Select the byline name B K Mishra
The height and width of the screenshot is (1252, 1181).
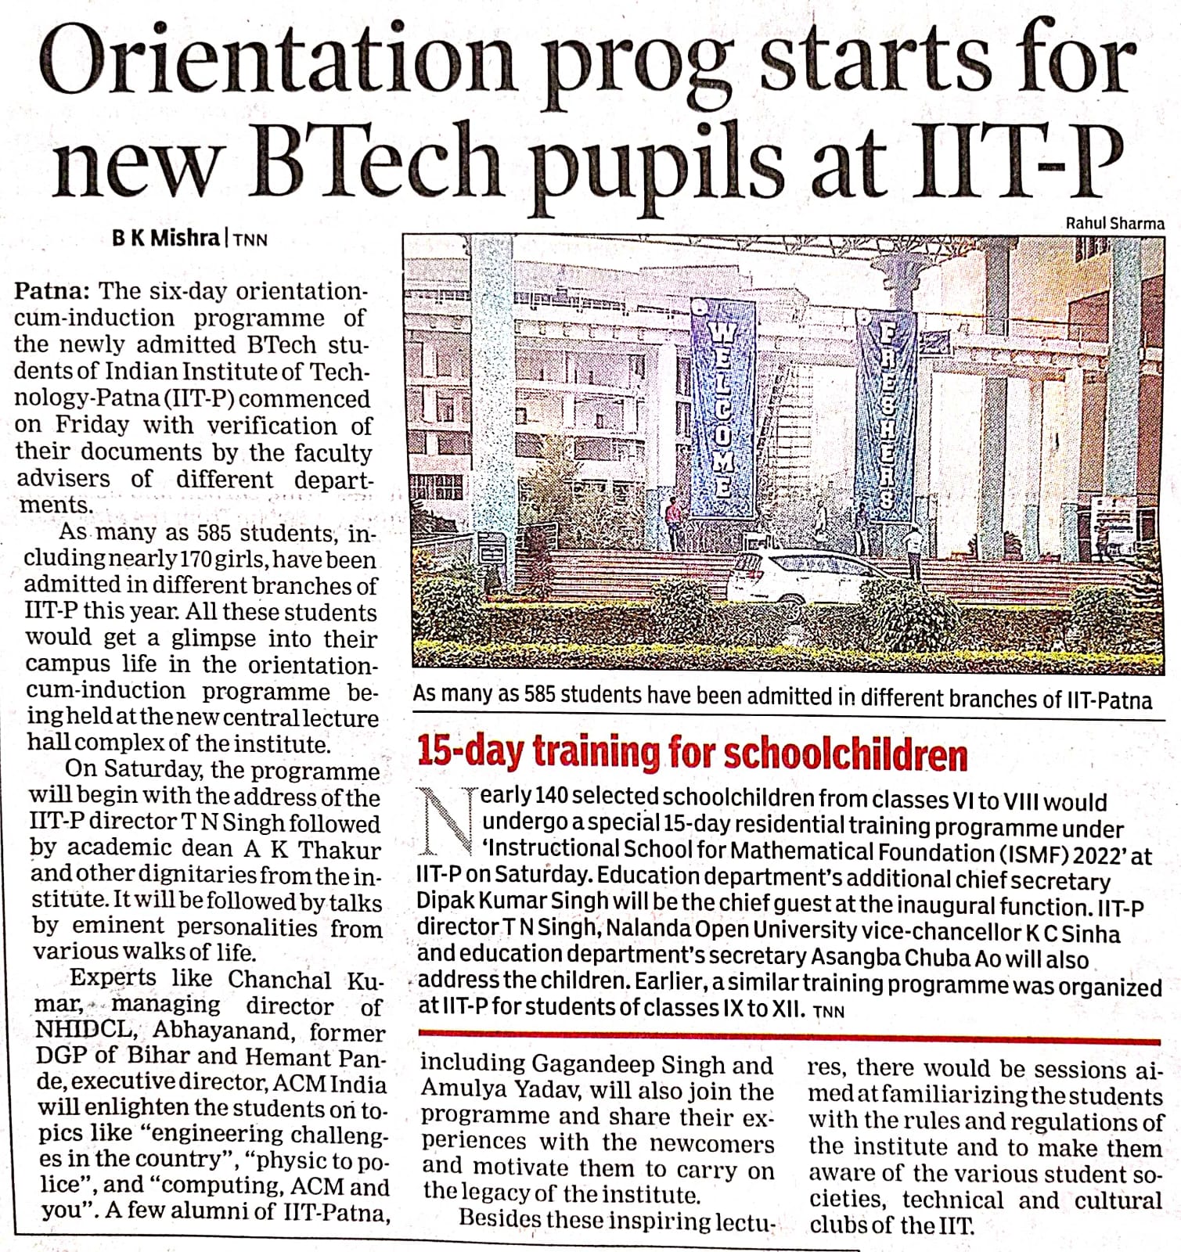pos(166,238)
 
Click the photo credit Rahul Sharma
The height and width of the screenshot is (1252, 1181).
pos(1114,223)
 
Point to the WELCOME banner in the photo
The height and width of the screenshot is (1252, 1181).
pos(722,407)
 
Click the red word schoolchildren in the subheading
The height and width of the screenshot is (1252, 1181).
pos(845,754)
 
